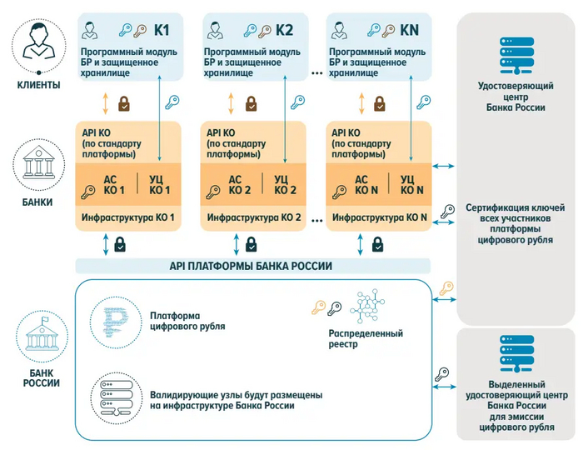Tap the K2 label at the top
click(285, 31)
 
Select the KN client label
click(409, 31)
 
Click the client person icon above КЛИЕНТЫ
click(39, 43)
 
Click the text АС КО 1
click(114, 183)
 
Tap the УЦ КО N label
click(410, 183)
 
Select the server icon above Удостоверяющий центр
click(511, 53)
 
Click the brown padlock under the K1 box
click(123, 103)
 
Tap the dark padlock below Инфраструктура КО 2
click(251, 244)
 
